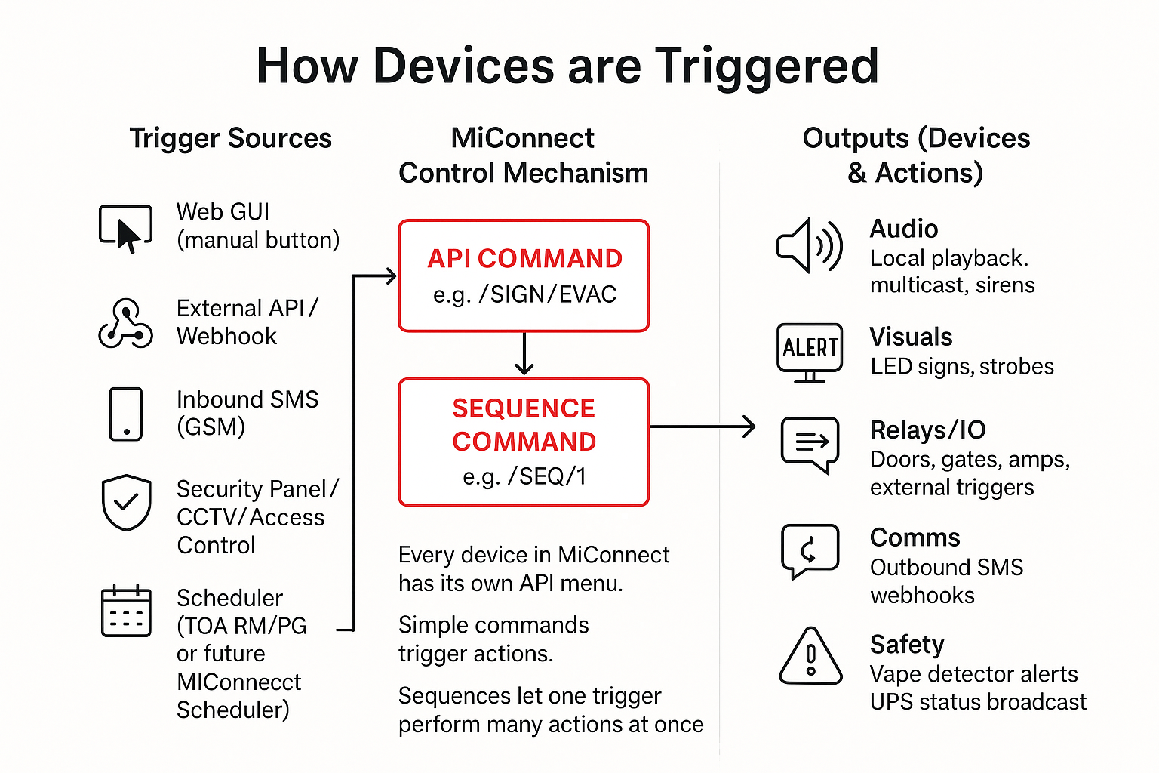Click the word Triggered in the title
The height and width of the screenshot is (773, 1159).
click(x=766, y=66)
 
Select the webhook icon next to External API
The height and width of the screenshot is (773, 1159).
click(x=125, y=324)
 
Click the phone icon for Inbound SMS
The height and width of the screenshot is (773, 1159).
click(x=126, y=414)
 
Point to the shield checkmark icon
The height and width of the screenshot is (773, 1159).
click(x=126, y=502)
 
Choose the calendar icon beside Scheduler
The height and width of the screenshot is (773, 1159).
click(x=126, y=611)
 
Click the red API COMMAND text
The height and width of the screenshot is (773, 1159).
click(x=524, y=259)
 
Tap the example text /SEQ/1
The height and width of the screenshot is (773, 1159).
click(x=547, y=476)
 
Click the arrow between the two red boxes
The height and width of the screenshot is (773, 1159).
click(x=524, y=355)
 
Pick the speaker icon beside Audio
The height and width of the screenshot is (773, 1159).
click(x=810, y=245)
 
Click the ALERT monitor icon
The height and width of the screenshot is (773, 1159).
click(x=810, y=351)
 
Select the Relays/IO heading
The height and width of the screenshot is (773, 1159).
click(x=927, y=430)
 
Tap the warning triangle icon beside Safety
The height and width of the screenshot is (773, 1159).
click(x=810, y=657)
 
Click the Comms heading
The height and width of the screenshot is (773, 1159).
click(x=915, y=537)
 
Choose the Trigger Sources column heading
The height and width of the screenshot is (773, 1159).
click(x=230, y=139)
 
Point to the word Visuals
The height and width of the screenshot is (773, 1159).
click(x=911, y=337)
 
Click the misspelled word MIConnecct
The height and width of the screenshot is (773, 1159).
click(x=238, y=682)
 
